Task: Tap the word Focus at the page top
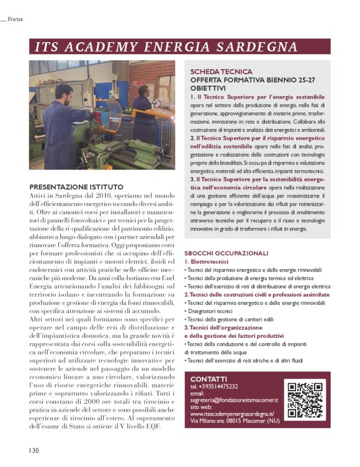pyautogui.click(x=15, y=19)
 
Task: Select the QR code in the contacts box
pyautogui.click(x=305, y=397)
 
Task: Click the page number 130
pyautogui.click(x=33, y=450)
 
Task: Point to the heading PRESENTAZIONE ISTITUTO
pyautogui.click(x=76, y=187)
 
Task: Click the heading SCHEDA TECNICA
pyautogui.click(x=221, y=72)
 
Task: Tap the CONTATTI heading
pyautogui.click(x=209, y=379)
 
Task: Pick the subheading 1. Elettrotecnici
pyautogui.click(x=209, y=262)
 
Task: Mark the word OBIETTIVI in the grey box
pyautogui.click(x=208, y=89)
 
